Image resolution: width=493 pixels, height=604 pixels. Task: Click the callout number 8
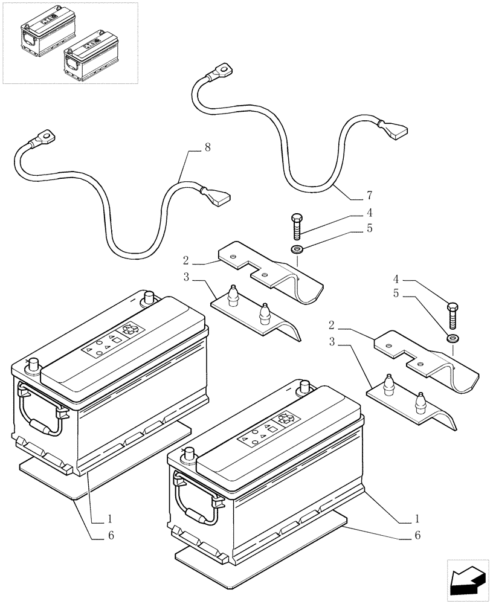[x=207, y=147]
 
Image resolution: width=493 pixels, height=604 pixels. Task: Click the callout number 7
[x=369, y=195]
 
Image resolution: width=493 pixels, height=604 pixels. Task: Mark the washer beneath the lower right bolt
[x=453, y=337]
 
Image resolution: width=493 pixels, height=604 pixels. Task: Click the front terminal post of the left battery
[x=33, y=367]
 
